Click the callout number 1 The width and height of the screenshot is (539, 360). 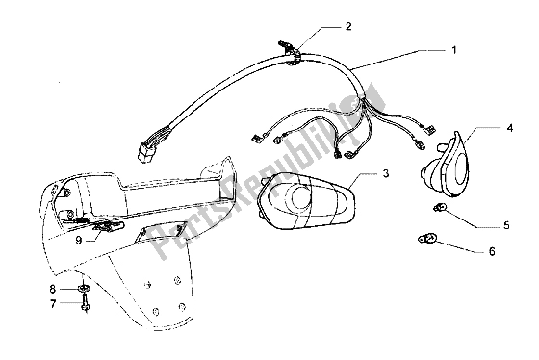(453, 47)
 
